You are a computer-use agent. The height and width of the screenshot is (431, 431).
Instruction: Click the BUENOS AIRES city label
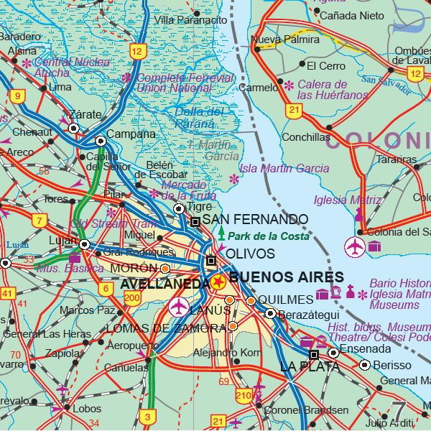286,277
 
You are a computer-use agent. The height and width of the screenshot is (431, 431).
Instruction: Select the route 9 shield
16,96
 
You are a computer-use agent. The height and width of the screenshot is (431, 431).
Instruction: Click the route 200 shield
132,297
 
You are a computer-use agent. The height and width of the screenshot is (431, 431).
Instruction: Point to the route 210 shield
244,396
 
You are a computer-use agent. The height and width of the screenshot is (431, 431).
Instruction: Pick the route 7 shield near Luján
39,221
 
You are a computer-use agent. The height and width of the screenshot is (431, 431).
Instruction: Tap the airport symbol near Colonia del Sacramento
355,246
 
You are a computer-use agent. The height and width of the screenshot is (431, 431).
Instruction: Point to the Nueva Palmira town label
277,39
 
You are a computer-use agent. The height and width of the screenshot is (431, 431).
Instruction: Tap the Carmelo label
257,88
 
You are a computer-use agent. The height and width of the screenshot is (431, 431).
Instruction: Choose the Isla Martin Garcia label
284,168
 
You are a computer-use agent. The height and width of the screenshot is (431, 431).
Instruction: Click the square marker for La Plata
314,354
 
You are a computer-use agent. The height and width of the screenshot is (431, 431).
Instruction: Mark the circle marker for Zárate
73,128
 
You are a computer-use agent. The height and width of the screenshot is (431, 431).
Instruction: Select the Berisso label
392,365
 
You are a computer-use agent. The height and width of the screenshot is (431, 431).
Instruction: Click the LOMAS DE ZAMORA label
165,328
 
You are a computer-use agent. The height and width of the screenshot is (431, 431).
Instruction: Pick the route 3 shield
147,416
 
